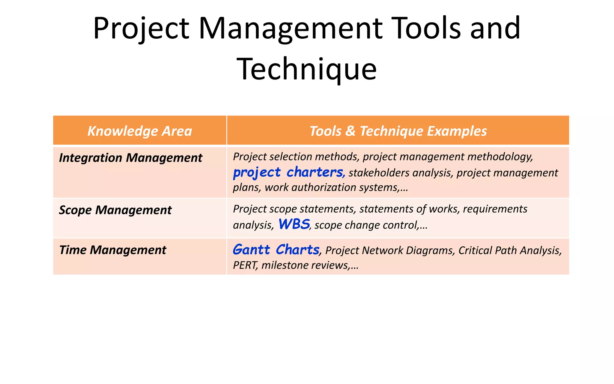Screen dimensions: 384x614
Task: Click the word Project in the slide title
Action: point(141,28)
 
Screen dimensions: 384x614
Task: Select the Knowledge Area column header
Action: point(140,131)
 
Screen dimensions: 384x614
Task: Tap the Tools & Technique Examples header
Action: point(398,131)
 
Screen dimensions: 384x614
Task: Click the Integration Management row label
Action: point(130,158)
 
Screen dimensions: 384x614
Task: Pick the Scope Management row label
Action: point(115,210)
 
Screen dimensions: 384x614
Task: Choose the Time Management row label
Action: point(112,250)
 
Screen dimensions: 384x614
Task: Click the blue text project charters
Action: point(288,172)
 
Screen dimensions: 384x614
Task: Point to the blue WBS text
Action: point(294,224)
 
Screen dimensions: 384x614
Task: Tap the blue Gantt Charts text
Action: point(276,250)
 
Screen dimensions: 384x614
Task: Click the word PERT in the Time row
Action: point(245,265)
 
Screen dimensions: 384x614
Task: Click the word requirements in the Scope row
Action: point(495,209)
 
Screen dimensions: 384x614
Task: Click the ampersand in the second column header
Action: point(350,131)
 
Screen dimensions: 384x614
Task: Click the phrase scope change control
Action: point(366,225)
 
